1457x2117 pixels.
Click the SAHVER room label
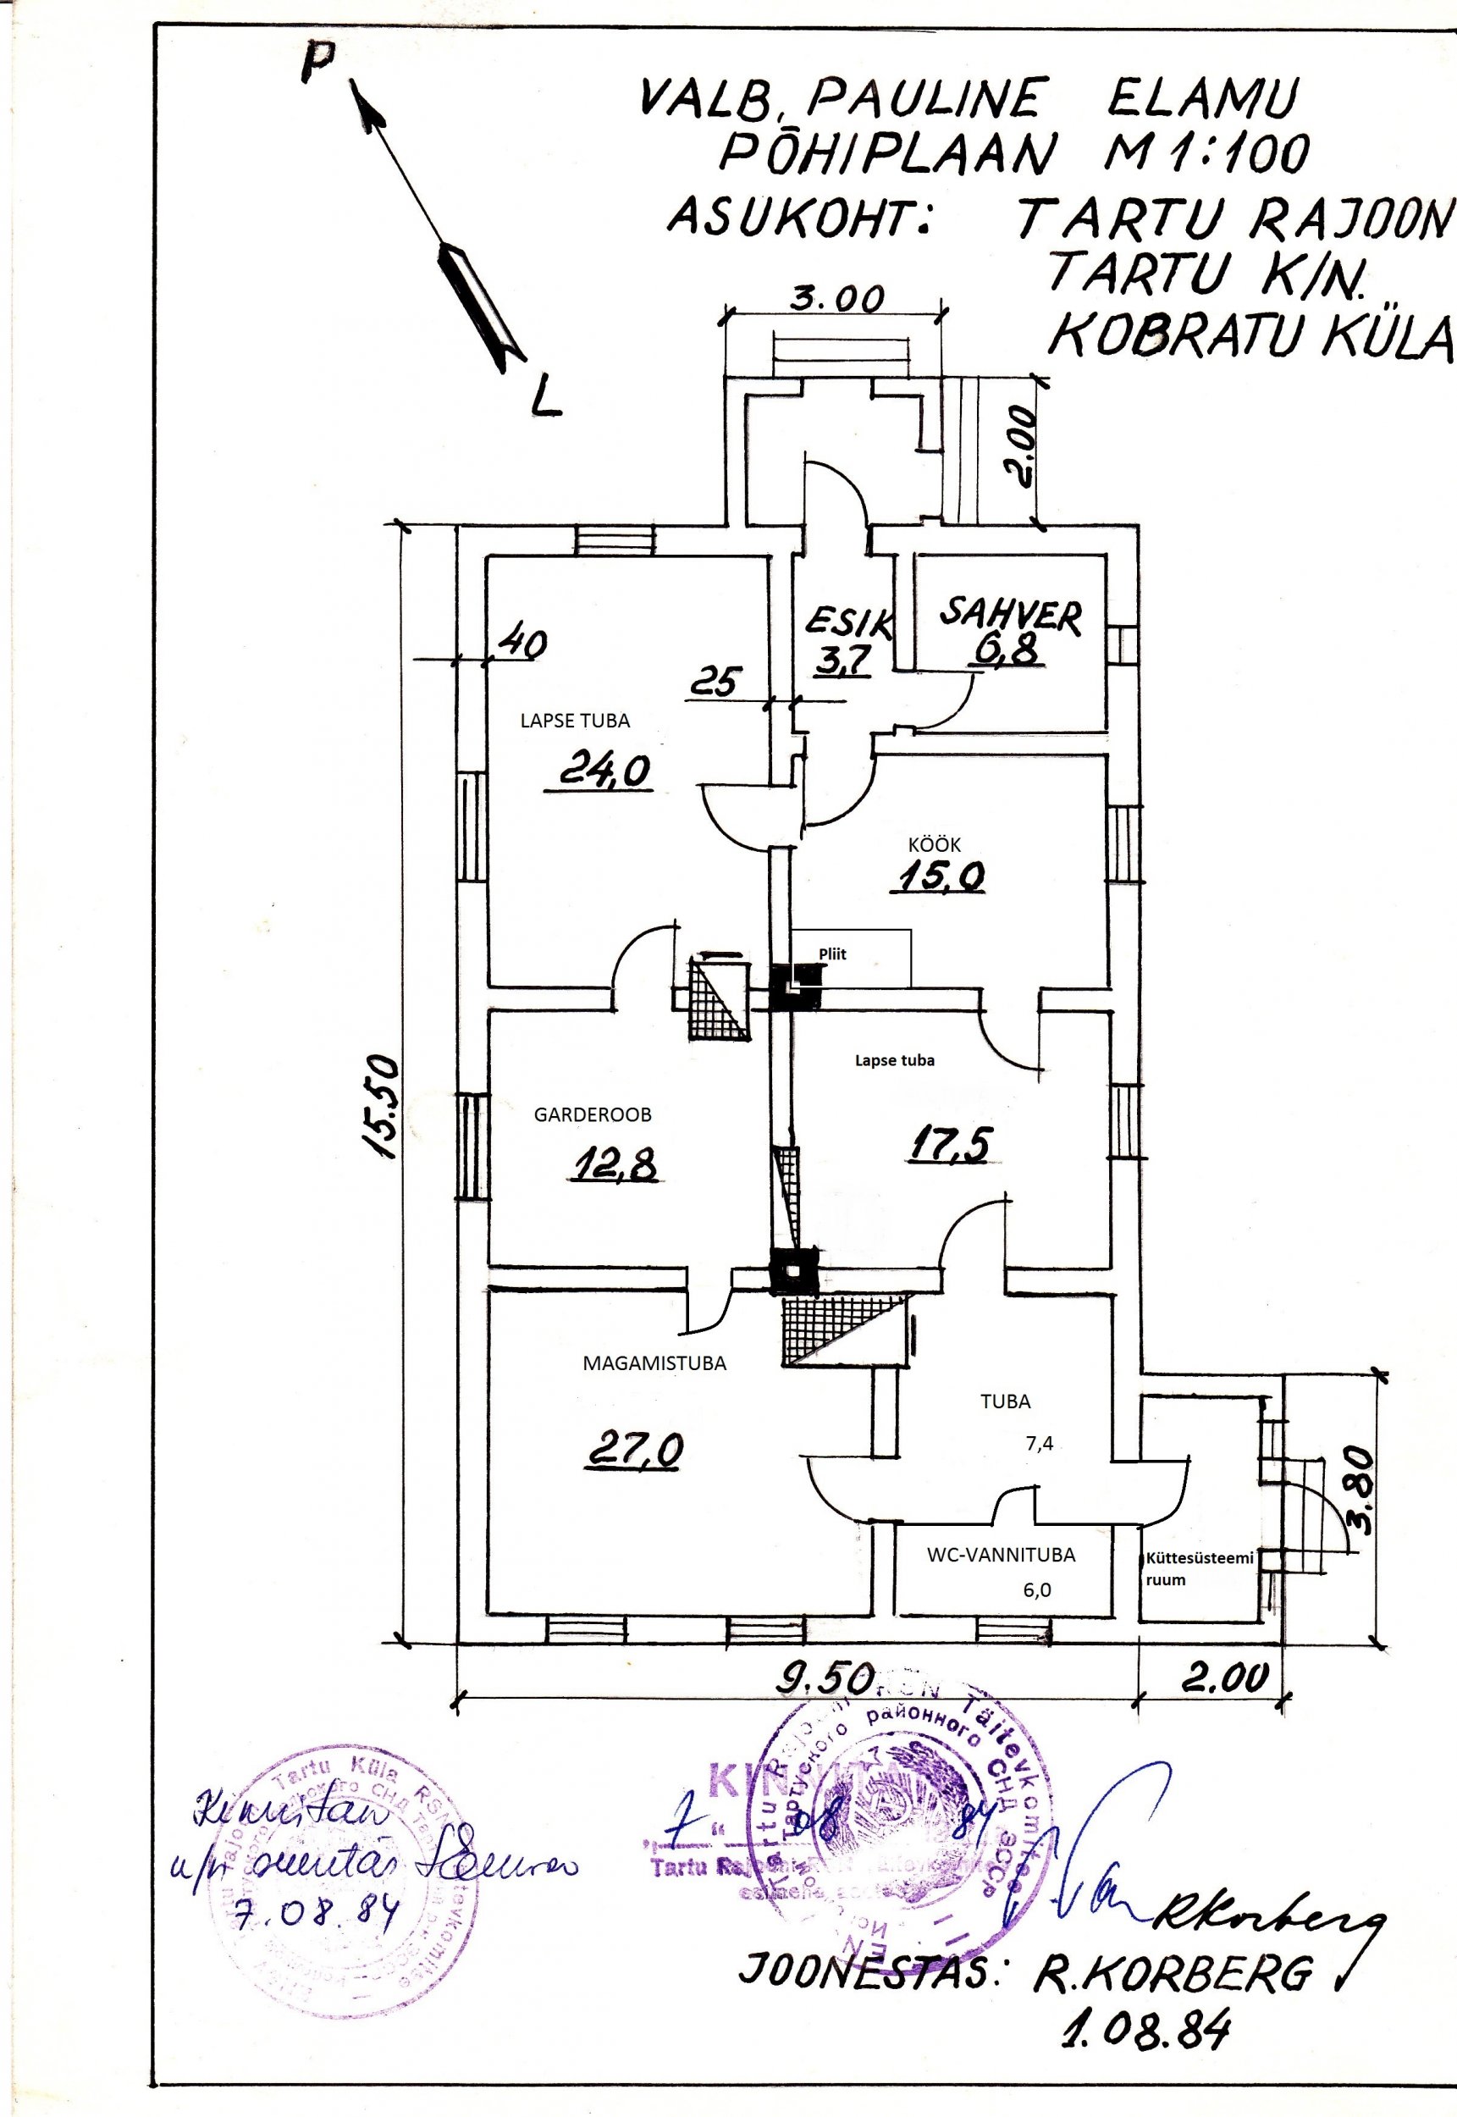pyautogui.click(x=1011, y=617)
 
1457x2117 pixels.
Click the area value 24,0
pyautogui.click(x=604, y=771)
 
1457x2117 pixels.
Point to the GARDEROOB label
pyautogui.click(x=593, y=1114)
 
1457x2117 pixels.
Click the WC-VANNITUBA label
pyautogui.click(x=1001, y=1555)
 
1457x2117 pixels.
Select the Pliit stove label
pyautogui.click(x=831, y=954)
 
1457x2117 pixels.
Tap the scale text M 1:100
pyautogui.click(x=1205, y=151)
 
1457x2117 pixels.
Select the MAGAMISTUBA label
pyautogui.click(x=654, y=1364)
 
